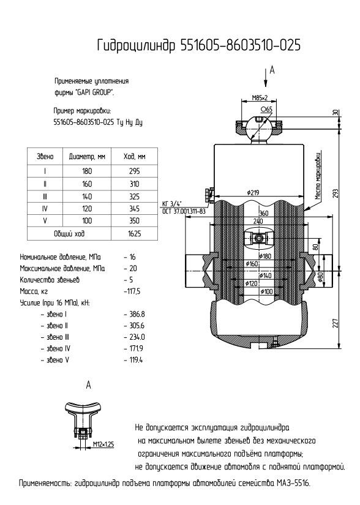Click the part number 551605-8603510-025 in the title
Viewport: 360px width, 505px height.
click(241, 45)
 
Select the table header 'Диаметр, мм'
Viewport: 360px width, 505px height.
click(87, 157)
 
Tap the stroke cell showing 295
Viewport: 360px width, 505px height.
click(134, 171)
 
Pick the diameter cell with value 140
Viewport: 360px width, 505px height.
click(87, 196)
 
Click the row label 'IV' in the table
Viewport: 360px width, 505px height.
click(45, 209)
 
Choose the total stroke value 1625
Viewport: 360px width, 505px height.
click(134, 233)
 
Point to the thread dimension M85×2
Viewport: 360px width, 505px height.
click(260, 98)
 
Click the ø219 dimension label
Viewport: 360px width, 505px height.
click(253, 193)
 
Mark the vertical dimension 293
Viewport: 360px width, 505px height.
click(336, 193)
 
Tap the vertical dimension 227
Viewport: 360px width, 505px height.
click(336, 323)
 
